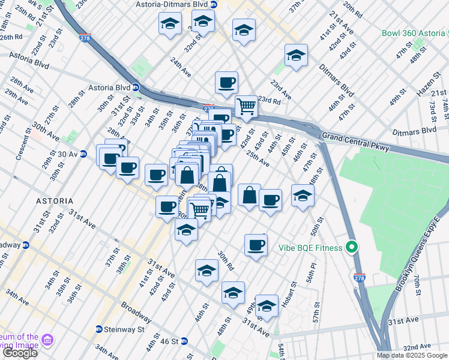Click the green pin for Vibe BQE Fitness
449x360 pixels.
[354, 247]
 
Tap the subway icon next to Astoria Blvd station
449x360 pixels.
[136, 87]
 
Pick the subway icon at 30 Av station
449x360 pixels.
[84, 154]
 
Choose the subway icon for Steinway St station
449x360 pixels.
[99, 329]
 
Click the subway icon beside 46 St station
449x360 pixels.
[185, 342]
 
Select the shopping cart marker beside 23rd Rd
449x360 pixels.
[246, 106]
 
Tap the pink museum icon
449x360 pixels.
[47, 340]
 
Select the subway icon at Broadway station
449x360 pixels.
[26, 245]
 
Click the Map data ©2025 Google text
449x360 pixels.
[411, 355]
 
